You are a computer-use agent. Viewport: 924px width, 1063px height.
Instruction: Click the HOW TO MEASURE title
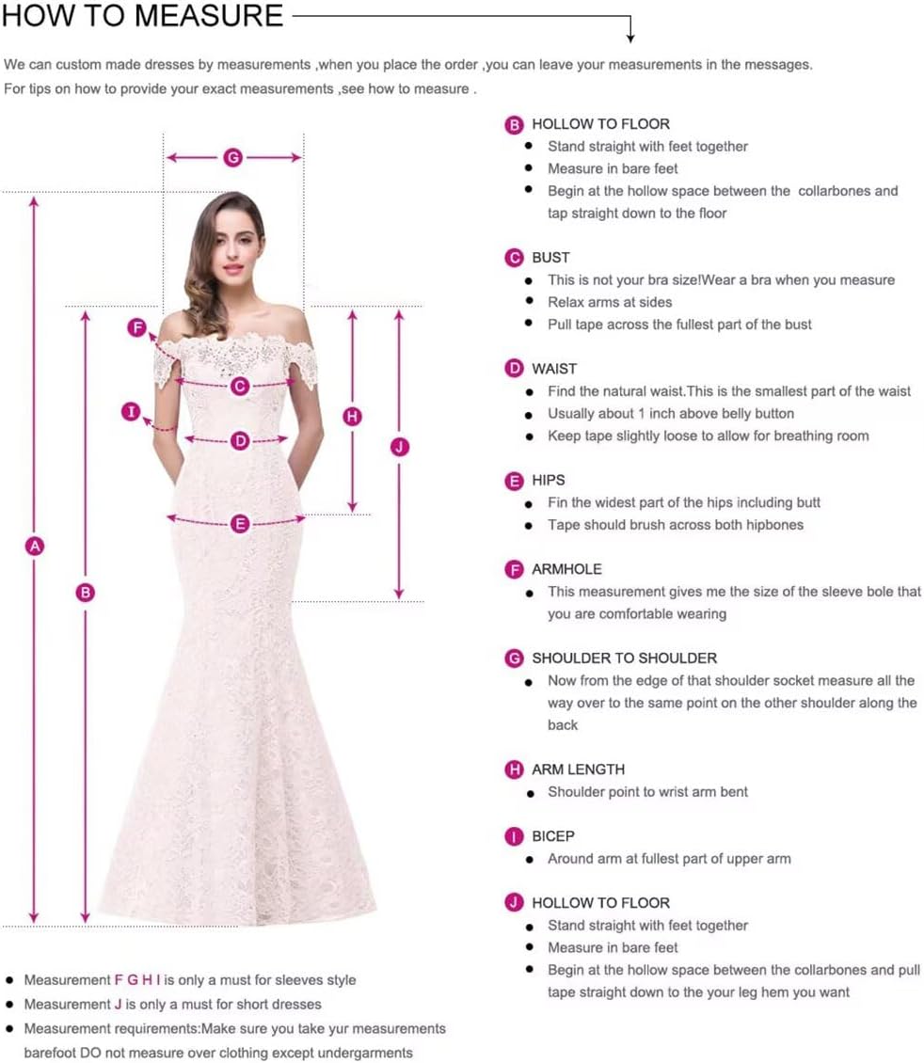[142, 15]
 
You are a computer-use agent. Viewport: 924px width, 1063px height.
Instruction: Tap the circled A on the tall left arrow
[35, 546]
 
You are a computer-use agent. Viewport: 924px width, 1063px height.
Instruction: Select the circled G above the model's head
[232, 157]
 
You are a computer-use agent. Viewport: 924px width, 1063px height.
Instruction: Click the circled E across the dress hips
[240, 524]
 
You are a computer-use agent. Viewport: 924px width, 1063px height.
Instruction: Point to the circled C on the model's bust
[240, 386]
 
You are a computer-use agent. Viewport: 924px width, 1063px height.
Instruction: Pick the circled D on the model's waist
[240, 440]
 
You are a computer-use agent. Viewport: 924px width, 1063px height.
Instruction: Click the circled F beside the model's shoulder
[137, 327]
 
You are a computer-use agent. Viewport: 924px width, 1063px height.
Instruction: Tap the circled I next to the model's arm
[131, 411]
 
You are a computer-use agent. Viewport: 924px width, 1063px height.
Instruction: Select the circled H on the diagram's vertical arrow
[352, 416]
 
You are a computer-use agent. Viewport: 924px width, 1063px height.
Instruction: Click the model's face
[230, 246]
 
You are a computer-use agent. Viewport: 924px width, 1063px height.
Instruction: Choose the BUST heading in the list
[550, 258]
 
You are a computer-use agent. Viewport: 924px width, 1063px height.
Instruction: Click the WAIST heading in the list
[554, 369]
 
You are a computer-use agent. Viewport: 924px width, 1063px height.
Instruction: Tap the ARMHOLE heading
[566, 569]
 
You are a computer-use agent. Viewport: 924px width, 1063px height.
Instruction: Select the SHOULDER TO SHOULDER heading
[624, 658]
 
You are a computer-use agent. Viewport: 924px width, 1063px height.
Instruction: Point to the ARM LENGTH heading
[578, 769]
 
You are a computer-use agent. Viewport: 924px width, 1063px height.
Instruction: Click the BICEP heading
[552, 836]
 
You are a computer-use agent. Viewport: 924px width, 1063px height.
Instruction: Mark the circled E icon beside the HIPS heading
[514, 481]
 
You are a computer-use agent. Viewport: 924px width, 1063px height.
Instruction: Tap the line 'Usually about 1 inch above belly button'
[671, 414]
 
